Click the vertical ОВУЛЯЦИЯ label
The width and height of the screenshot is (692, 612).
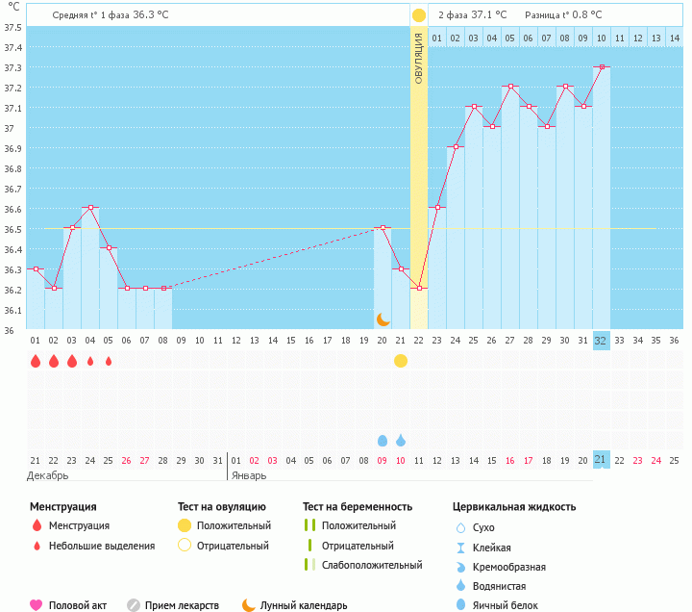coord(419,58)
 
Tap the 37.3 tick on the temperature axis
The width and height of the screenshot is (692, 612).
coord(13,68)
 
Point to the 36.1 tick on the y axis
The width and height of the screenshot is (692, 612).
coord(13,311)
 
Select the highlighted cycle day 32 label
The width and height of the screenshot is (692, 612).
coord(601,341)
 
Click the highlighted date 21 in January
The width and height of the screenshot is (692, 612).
coord(601,460)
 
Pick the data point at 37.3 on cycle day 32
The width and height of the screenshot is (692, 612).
coord(602,67)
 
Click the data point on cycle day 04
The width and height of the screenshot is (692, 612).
coord(90,208)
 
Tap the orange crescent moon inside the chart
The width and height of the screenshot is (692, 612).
coord(383,319)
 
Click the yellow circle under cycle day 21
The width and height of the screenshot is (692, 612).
coord(401,361)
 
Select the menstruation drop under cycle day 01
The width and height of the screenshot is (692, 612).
coord(36,361)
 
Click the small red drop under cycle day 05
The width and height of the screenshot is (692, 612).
coord(109,362)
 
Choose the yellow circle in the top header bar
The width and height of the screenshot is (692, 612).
coord(419,15)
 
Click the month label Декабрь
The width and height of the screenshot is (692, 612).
coord(47,475)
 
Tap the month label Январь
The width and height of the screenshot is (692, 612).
coord(249,475)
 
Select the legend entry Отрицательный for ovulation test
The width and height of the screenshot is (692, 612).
coord(233,546)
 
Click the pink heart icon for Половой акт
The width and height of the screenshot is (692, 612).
coord(36,605)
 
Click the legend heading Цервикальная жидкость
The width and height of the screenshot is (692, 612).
coord(514,506)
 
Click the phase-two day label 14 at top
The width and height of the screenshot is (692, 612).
coord(675,38)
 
